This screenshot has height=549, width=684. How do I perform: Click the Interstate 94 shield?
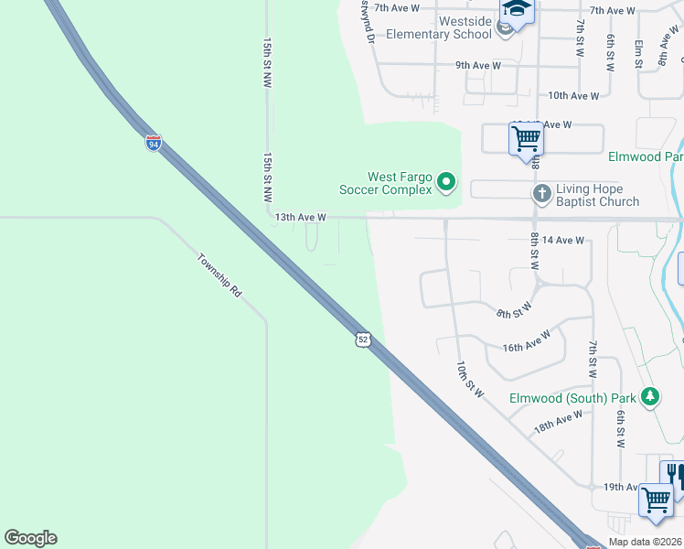tap(153, 143)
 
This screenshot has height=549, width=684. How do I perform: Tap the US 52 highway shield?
tap(363, 339)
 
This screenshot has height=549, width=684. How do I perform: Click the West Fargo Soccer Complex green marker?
tap(446, 183)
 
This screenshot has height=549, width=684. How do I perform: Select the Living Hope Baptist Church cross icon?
tap(541, 193)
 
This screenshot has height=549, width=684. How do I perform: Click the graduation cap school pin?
tap(517, 11)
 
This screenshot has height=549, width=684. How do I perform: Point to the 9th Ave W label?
tap(478, 66)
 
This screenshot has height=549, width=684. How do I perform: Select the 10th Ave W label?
tap(573, 95)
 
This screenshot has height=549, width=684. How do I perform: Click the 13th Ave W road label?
tap(301, 217)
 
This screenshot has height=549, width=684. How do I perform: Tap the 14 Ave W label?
tap(562, 240)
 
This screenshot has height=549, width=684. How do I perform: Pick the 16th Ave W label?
tap(526, 341)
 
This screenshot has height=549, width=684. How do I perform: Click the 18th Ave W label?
tap(559, 421)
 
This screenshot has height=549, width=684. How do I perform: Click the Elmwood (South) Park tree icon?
tap(650, 397)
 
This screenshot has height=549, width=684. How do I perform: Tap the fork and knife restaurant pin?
tap(674, 474)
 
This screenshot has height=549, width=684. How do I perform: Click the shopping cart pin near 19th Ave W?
tap(657, 500)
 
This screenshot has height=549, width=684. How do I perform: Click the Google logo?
tap(30, 538)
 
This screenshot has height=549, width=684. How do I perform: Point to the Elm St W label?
tap(638, 52)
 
